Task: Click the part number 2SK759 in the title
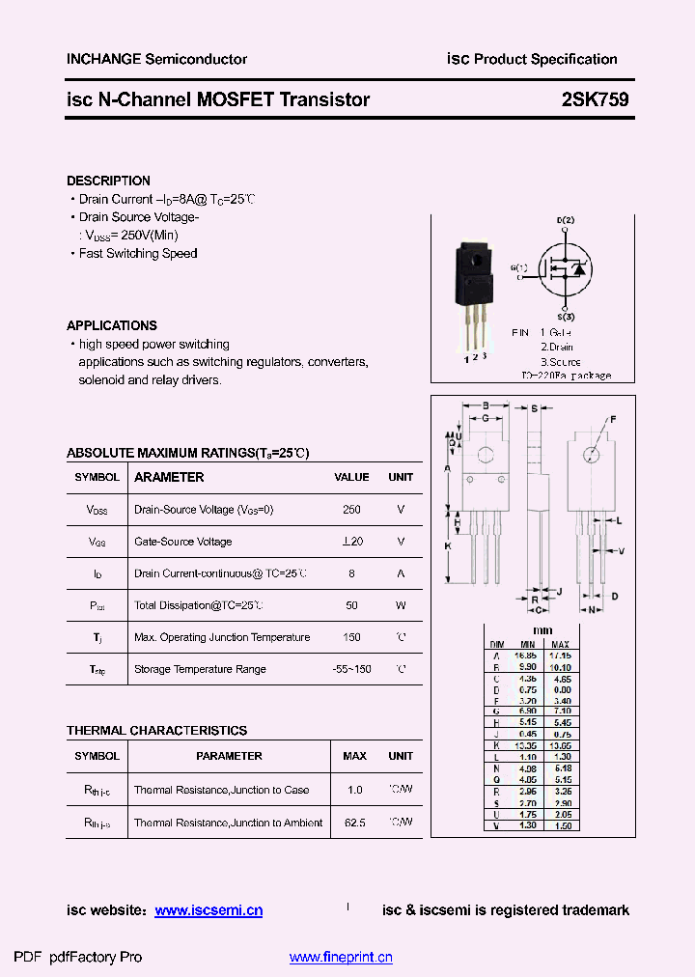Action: [595, 98]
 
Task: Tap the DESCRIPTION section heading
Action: [108, 181]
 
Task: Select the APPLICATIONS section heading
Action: [111, 325]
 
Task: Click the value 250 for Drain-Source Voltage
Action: [351, 509]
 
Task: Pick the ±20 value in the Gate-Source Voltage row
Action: [351, 542]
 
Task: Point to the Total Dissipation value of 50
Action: [351, 605]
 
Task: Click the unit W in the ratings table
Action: [401, 605]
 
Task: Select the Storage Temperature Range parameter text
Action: [200, 669]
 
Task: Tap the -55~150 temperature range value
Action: [351, 669]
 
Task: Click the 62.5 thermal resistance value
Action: [354, 823]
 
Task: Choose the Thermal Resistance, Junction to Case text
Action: [221, 790]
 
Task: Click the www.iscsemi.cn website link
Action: [208, 910]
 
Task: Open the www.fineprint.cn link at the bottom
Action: [341, 958]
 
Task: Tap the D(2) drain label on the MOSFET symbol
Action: [565, 221]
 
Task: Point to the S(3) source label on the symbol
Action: [566, 317]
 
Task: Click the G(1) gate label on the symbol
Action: [521, 267]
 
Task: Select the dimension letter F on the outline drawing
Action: [611, 420]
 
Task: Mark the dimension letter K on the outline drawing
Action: [448, 545]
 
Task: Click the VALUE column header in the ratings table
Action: [351, 477]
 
